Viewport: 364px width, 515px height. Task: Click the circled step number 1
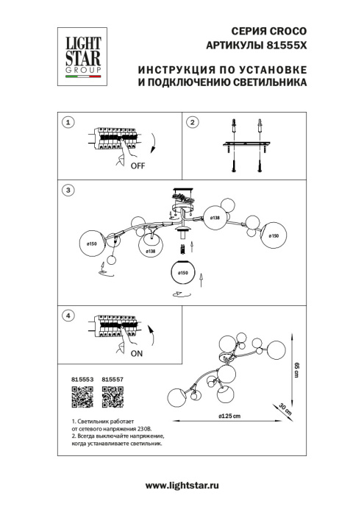click(68, 123)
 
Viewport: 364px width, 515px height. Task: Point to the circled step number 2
click(192, 123)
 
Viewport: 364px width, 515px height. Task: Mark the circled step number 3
click(68, 190)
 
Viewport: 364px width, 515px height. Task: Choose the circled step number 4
click(68, 316)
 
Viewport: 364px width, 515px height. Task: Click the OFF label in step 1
click(138, 166)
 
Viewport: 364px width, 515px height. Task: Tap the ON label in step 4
click(136, 353)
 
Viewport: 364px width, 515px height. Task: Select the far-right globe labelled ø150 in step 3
click(274, 235)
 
